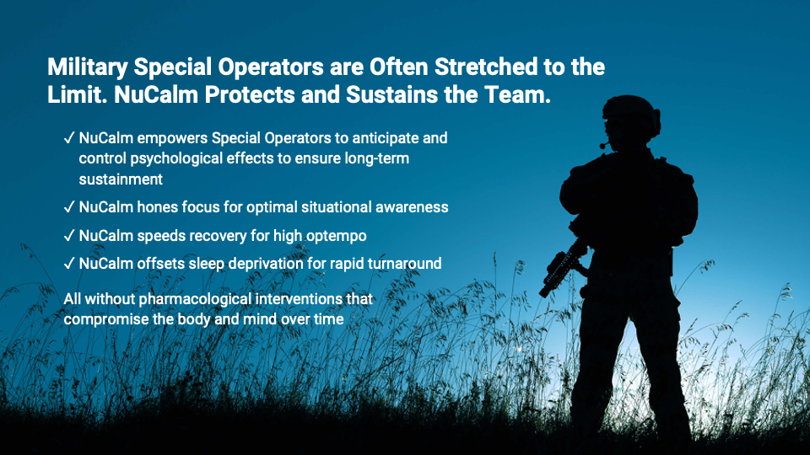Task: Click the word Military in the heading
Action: (87, 67)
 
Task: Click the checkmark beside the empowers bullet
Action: (69, 138)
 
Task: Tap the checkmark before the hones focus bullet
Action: (69, 207)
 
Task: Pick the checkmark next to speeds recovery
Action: (69, 236)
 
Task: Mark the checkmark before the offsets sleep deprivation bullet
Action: (69, 264)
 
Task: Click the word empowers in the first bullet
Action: (172, 139)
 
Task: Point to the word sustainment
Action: (121, 179)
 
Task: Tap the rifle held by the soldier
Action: (564, 267)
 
